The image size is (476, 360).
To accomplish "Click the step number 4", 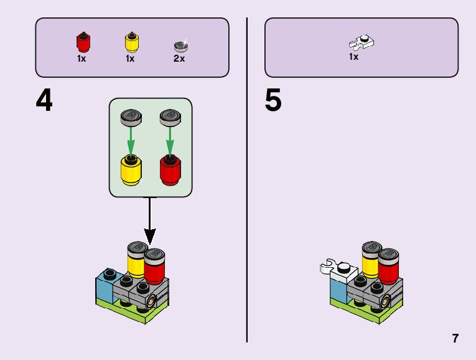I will pyautogui.click(x=44, y=101).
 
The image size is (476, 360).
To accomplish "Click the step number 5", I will pyautogui.click(x=273, y=101).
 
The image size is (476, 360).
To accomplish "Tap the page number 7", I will pyautogui.click(x=455, y=339).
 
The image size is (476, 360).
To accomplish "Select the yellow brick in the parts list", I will pyautogui.click(x=131, y=42).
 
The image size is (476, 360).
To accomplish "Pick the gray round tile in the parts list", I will pyautogui.click(x=180, y=45).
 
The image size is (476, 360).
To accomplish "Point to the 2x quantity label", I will pyautogui.click(x=179, y=59).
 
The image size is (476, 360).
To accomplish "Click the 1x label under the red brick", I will pyautogui.click(x=82, y=59).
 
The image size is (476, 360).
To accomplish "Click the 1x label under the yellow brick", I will pyautogui.click(x=130, y=59).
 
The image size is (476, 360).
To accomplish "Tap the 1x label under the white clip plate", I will pyautogui.click(x=353, y=57).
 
